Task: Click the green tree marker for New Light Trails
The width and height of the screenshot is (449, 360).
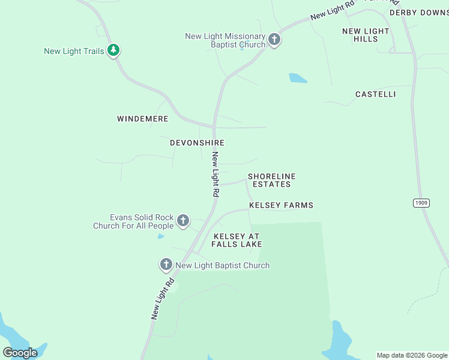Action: [113, 50]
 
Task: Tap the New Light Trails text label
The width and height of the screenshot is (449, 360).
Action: [74, 52]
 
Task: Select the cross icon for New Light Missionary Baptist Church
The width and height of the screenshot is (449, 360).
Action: [274, 40]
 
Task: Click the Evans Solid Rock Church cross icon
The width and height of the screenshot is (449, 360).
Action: [183, 221]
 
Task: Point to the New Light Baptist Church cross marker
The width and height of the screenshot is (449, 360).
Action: [166, 264]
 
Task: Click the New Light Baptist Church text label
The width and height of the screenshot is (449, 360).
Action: [222, 265]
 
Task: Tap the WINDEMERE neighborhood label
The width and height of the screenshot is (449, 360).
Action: [142, 119]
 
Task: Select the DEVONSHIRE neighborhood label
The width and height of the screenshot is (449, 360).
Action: [197, 143]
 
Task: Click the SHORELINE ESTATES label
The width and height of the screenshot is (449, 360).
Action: [272, 180]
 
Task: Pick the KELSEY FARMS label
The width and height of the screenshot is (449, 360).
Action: [281, 205]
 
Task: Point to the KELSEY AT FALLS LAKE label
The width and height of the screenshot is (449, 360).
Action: [238, 241]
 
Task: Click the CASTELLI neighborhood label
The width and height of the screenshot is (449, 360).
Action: [375, 94]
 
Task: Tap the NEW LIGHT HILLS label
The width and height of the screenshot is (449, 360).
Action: [366, 35]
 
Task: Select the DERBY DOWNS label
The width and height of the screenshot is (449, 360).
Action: [418, 13]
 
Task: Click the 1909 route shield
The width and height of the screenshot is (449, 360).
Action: [421, 203]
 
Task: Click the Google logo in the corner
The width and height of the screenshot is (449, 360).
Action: [20, 352]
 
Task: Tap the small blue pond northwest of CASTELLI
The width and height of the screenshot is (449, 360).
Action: [298, 78]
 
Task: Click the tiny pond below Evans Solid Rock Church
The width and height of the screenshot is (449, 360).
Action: [161, 236]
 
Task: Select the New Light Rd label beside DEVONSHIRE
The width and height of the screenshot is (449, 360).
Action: [215, 174]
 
